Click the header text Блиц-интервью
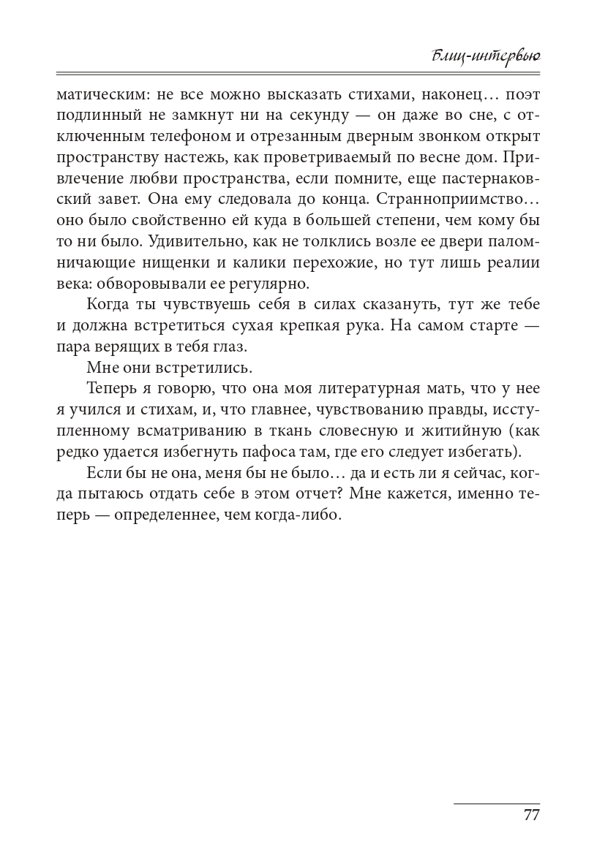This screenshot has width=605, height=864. click(486, 56)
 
